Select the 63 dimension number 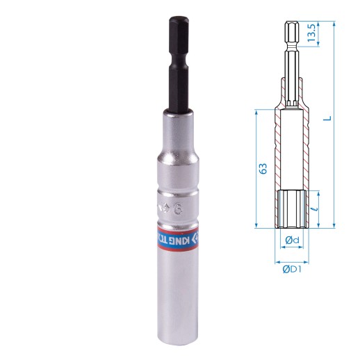click(263, 169)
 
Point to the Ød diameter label click(293, 240)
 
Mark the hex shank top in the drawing click(293, 28)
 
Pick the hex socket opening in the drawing click(293, 208)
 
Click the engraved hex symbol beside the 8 click(165, 206)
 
